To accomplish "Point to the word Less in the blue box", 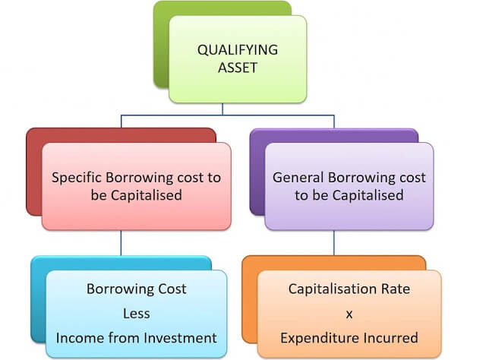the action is point(136,313).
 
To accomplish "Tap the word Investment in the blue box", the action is point(182,337).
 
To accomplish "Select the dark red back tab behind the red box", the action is point(33,175).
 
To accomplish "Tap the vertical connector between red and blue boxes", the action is point(121,242).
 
